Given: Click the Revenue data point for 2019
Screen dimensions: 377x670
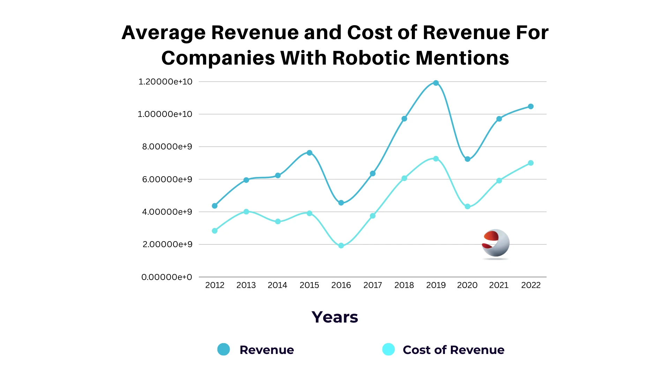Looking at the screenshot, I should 436,83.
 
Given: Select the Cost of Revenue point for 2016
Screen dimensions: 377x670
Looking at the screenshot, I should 341,246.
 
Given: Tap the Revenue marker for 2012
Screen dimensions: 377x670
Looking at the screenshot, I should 215,206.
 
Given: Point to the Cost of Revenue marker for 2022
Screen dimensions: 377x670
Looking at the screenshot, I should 531,163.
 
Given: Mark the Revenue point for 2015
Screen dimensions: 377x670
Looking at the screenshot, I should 310,153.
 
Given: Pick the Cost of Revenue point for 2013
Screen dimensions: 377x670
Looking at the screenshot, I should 246,212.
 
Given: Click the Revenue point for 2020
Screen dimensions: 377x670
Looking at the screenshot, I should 468,159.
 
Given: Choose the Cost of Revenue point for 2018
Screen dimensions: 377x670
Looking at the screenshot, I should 404,178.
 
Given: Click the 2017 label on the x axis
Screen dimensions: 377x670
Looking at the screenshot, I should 373,285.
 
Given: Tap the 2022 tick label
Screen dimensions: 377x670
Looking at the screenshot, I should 531,285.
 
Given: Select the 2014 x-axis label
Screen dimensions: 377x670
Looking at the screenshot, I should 277,285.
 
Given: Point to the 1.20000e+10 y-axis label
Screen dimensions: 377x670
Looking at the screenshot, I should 165,82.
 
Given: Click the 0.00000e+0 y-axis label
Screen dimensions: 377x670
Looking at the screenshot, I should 167,277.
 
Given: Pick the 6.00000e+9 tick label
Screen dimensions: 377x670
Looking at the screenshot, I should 167,179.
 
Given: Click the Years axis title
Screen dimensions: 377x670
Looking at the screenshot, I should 335,317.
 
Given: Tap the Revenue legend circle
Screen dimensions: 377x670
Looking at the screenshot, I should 224,349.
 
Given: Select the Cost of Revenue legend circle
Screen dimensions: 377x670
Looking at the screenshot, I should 388,349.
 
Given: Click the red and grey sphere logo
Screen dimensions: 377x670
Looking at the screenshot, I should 496,244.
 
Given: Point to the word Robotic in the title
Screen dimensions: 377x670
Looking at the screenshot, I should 371,58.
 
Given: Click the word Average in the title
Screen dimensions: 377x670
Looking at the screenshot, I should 164,32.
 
